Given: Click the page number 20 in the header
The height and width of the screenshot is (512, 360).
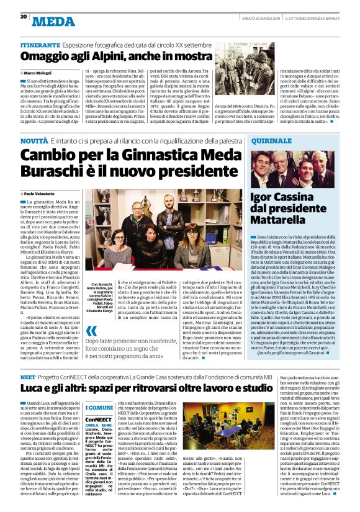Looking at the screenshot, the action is click(23, 17).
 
